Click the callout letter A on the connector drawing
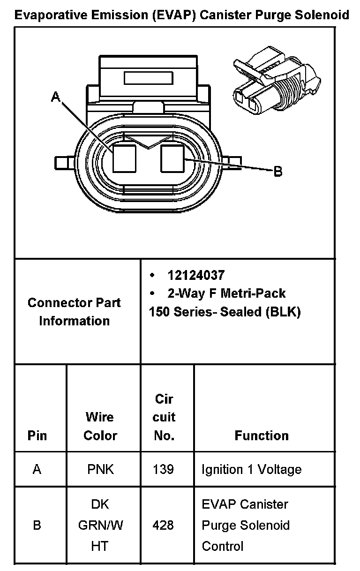(x=56, y=97)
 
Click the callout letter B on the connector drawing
(x=278, y=172)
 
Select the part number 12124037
(x=196, y=275)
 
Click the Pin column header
(x=37, y=436)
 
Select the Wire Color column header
(x=100, y=426)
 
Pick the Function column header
(x=262, y=436)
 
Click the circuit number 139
(x=163, y=469)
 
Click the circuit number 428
(x=163, y=525)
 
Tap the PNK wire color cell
(x=100, y=469)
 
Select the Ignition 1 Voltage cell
(x=251, y=469)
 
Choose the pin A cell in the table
(x=37, y=469)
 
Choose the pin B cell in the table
(x=37, y=525)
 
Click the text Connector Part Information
(x=74, y=312)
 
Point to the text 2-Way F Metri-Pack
(x=226, y=293)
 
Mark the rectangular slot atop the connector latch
(x=148, y=78)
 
